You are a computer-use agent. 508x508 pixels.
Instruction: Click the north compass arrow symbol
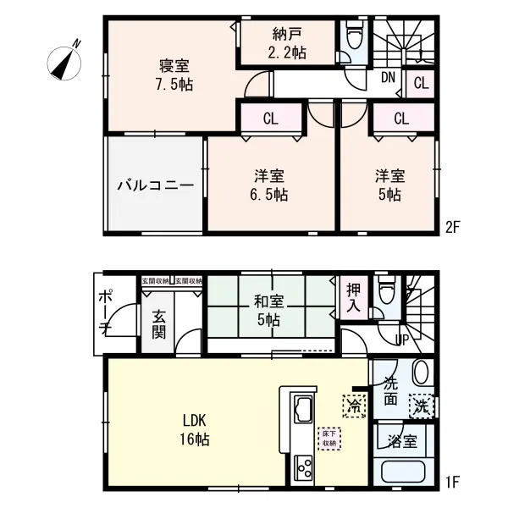(x=64, y=58)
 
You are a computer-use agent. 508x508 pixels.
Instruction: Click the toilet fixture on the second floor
(x=355, y=36)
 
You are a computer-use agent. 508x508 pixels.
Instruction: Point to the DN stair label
(x=388, y=79)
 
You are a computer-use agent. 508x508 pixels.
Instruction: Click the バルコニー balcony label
(x=155, y=184)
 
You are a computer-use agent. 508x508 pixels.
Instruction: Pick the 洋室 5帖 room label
(x=389, y=185)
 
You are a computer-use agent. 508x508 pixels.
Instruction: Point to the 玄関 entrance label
(x=161, y=323)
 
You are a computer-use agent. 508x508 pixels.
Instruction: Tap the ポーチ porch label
(x=105, y=311)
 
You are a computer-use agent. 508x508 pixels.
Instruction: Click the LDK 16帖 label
(x=196, y=430)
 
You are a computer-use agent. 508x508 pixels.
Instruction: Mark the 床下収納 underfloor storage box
(x=329, y=438)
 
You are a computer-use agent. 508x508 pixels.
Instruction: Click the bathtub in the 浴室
(x=404, y=472)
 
